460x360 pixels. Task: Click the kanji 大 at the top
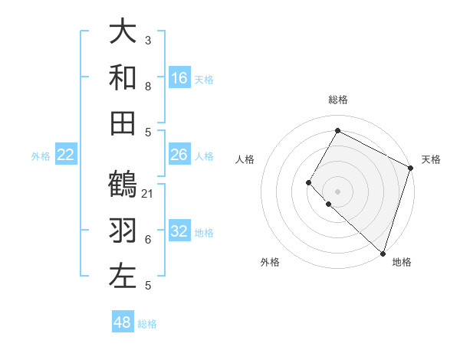(123, 31)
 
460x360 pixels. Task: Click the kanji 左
(123, 273)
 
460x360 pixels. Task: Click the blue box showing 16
(179, 77)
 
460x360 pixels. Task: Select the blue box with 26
(179, 155)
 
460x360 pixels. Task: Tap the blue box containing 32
(179, 231)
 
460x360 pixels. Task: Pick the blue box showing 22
(66, 155)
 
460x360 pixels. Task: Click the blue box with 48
(123, 322)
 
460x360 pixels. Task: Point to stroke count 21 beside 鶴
(148, 193)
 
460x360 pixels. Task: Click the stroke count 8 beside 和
(148, 86)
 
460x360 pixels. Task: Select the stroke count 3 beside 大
(148, 39)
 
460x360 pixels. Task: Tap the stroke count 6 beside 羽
(148, 239)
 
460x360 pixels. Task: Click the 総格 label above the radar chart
(338, 100)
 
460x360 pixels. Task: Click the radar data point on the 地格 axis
(383, 254)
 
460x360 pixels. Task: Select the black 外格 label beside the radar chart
(270, 262)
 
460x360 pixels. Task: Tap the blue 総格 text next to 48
(147, 324)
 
